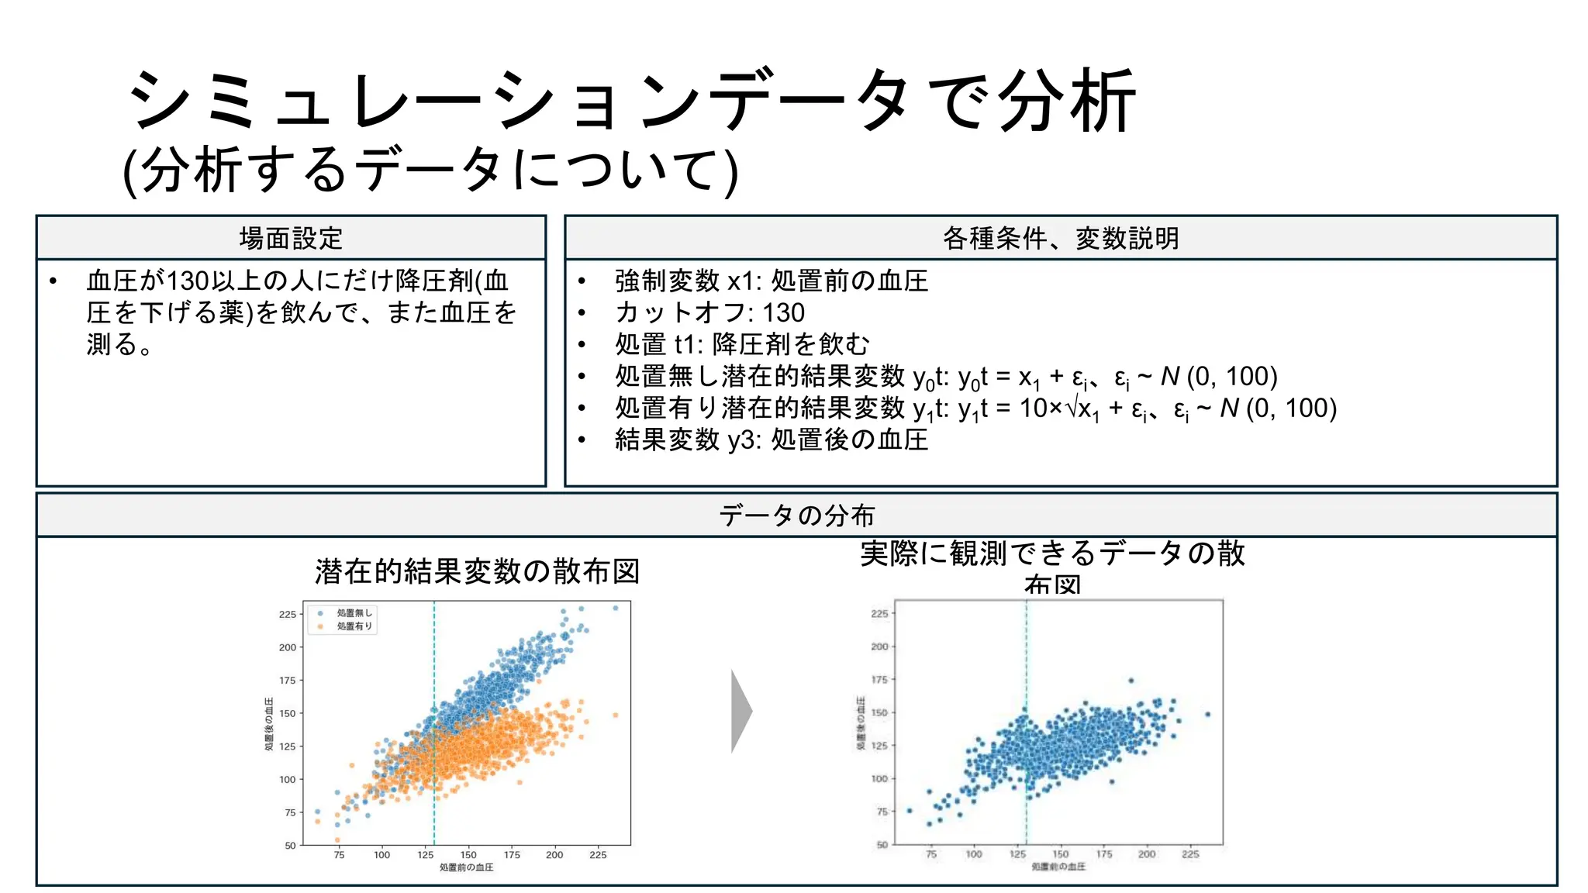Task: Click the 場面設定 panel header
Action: pyautogui.click(x=291, y=238)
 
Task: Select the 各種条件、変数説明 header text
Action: pyautogui.click(x=1060, y=238)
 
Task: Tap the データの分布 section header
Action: pyautogui.click(x=796, y=515)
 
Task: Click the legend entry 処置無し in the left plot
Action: pyautogui.click(x=354, y=613)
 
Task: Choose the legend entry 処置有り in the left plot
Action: pyautogui.click(x=354, y=626)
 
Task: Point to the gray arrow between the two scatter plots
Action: pyautogui.click(x=741, y=712)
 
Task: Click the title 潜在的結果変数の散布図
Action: pyautogui.click(x=477, y=571)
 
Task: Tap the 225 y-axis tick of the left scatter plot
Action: pyautogui.click(x=288, y=615)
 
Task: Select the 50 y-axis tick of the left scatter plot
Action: pyautogui.click(x=290, y=846)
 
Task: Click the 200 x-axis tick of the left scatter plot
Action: pyautogui.click(x=554, y=855)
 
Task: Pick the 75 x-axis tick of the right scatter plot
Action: pyautogui.click(x=931, y=854)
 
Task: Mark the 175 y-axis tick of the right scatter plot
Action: pyautogui.click(x=879, y=680)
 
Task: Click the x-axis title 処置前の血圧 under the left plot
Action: pyautogui.click(x=466, y=867)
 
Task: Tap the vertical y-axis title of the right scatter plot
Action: pyautogui.click(x=861, y=723)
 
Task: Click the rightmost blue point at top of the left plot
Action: pyautogui.click(x=616, y=609)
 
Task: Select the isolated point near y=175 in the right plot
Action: pyautogui.click(x=1131, y=681)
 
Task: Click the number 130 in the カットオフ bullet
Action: pyautogui.click(x=783, y=312)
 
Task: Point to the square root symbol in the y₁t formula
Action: pyautogui.click(x=1072, y=408)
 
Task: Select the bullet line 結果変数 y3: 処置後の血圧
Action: pyautogui.click(x=771, y=440)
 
